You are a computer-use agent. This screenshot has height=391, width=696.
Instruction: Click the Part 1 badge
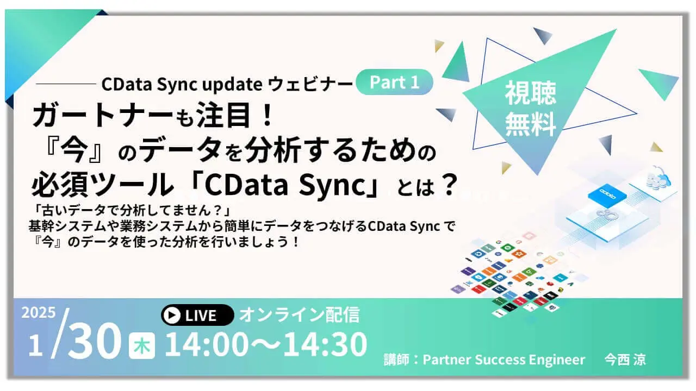click(394, 82)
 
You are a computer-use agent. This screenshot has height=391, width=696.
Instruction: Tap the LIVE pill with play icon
click(197, 315)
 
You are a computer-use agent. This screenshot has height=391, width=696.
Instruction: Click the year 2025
click(39, 313)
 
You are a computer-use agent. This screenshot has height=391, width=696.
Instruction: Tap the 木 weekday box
click(142, 346)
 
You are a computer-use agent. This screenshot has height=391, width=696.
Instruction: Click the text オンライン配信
click(299, 314)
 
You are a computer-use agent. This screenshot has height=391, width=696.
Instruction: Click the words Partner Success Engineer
click(504, 360)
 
